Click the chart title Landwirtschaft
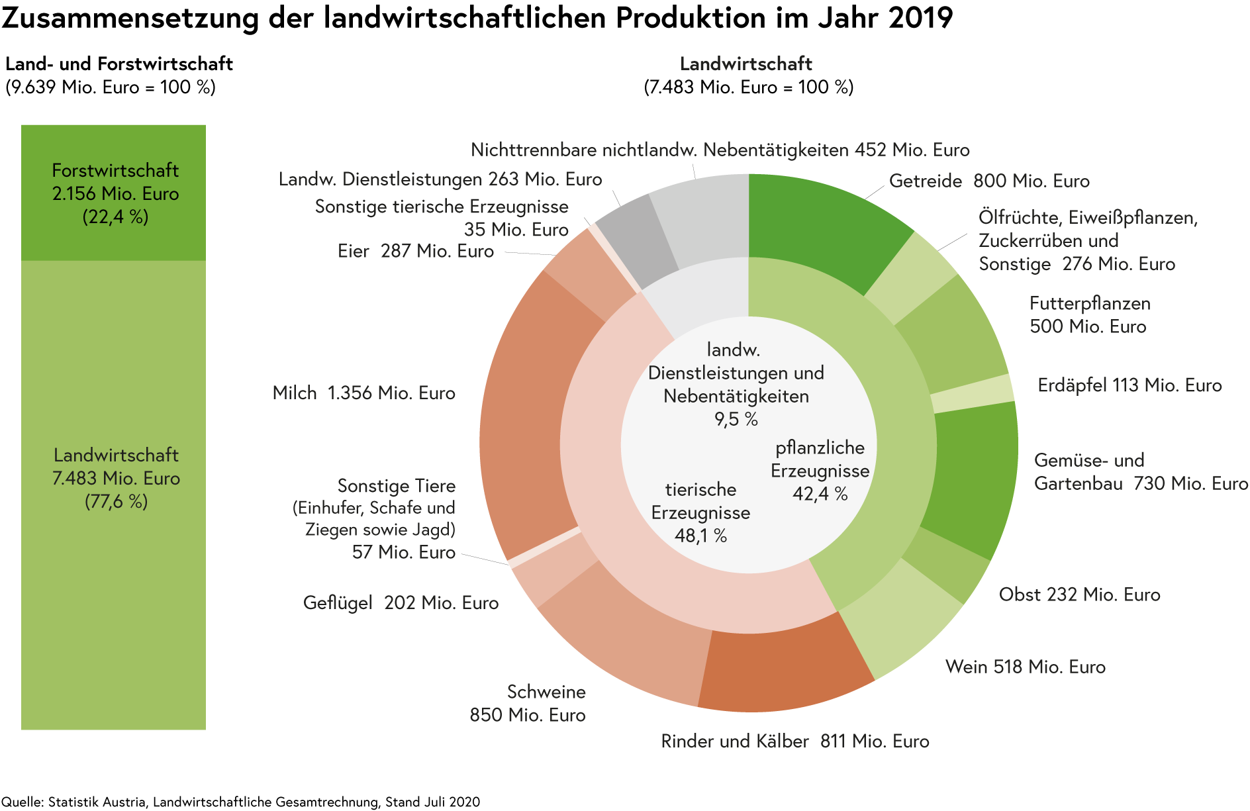click(746, 64)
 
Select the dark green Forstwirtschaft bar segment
click(113, 192)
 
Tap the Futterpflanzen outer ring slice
click(950, 338)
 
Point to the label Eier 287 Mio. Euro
click(416, 252)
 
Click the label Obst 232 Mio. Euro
click(1079, 595)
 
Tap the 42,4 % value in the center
click(820, 495)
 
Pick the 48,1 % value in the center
click(700, 536)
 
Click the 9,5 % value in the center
click(736, 419)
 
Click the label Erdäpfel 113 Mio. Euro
click(1129, 385)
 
